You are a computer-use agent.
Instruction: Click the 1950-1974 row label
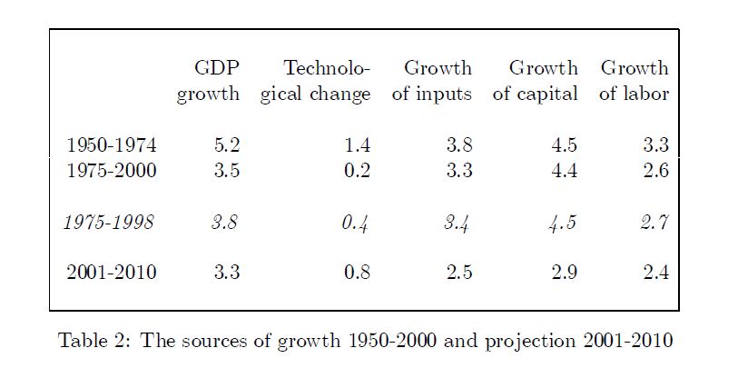point(111,144)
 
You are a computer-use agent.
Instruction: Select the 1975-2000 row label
point(111,171)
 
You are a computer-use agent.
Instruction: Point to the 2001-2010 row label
point(111,274)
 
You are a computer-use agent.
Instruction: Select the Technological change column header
point(315,81)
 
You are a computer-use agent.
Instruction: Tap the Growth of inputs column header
point(432,81)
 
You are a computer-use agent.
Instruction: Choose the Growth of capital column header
point(536,81)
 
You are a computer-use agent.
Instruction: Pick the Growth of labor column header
point(634,81)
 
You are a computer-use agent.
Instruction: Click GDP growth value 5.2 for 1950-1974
point(226,144)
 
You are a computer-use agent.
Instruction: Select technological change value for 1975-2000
point(358,171)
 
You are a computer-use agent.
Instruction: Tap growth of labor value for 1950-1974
point(655,144)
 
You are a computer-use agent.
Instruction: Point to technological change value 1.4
point(358,144)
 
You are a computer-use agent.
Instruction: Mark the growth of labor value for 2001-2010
point(655,274)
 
